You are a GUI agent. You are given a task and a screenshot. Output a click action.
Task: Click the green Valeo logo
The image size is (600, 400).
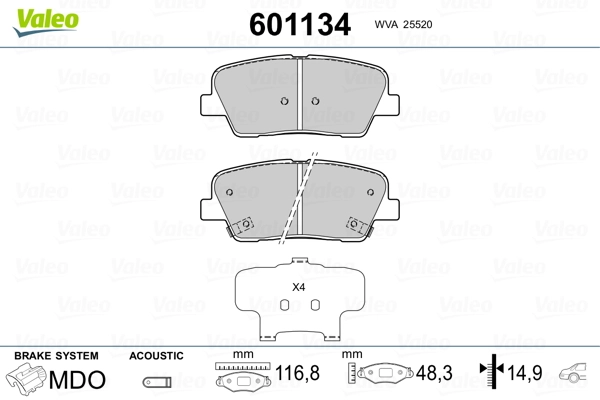[46, 21]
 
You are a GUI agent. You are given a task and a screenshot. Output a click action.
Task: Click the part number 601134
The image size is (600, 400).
[300, 24]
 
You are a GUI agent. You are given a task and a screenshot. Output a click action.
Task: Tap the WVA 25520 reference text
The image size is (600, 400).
[403, 24]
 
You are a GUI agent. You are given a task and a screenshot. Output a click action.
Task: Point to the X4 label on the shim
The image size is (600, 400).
[298, 287]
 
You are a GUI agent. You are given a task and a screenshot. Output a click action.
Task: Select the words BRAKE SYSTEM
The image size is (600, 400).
[56, 356]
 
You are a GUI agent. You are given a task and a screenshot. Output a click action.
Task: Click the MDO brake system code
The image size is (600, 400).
[77, 380]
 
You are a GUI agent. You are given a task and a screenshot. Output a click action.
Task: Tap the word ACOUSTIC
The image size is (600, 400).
[156, 356]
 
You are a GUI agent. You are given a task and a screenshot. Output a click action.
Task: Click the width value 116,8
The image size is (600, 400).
[297, 372]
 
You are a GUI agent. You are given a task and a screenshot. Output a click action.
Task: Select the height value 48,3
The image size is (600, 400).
[434, 373]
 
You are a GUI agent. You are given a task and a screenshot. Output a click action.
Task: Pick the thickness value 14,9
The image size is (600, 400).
[525, 373]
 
